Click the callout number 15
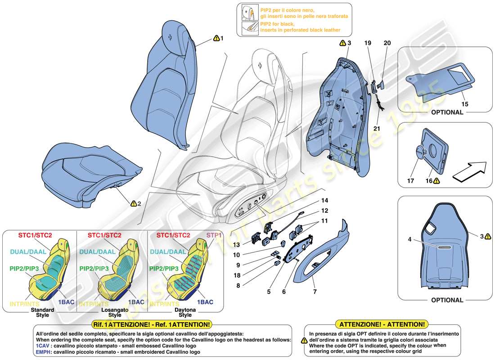(465, 104)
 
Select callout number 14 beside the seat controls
(325, 200)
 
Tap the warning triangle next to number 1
(216, 39)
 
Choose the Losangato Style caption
(115, 312)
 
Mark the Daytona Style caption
(187, 312)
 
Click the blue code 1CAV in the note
(42, 346)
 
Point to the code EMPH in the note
(43, 352)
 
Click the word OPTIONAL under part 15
(447, 112)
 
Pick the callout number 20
(387, 43)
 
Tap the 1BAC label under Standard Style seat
(66, 302)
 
